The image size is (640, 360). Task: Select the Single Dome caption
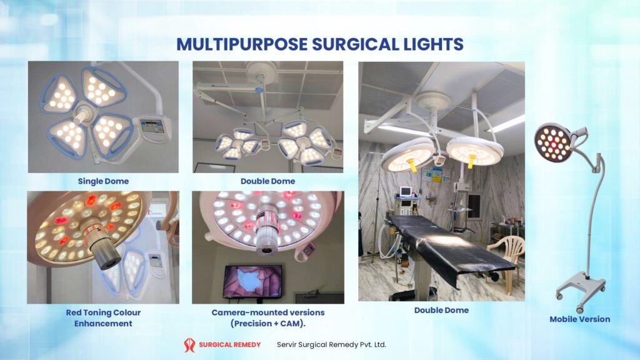103,181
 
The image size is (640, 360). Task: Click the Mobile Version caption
579,319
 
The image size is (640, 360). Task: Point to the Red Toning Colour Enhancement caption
103,317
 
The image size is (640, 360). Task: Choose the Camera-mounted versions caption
268,317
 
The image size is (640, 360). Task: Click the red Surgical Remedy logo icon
189,344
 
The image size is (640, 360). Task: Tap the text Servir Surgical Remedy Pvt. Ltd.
331,344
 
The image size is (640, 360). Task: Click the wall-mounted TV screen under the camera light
252,281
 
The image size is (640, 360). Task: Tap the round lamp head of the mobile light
553,141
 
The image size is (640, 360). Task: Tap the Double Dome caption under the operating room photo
441,310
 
